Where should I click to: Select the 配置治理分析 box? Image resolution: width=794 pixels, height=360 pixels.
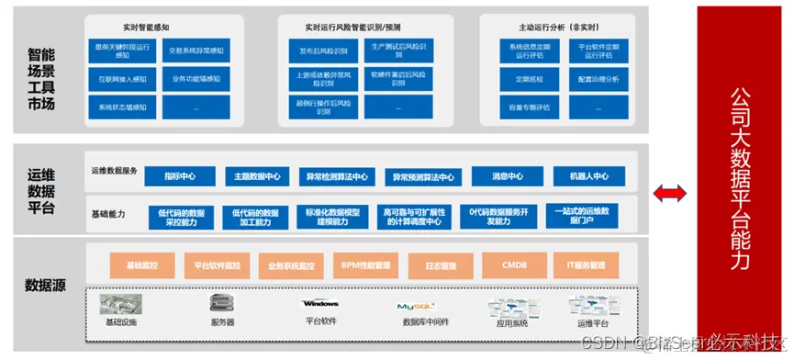(x=599, y=80)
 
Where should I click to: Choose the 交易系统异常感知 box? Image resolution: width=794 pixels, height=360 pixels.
(x=196, y=51)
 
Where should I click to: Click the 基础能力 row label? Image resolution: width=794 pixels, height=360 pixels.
(x=108, y=214)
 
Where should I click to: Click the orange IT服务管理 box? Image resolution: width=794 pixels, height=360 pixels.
(x=586, y=265)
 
